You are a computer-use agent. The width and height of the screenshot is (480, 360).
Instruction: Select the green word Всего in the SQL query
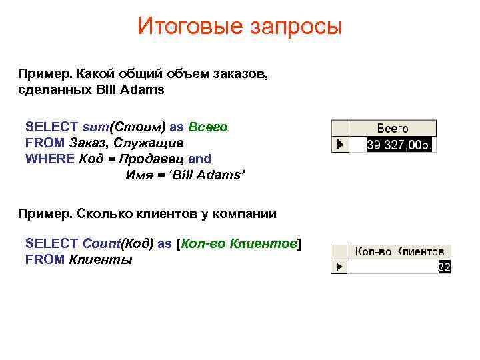tap(208, 127)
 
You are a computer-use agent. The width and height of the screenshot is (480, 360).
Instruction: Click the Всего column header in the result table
tap(393, 128)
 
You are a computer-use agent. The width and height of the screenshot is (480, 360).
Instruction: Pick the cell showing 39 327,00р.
tap(399, 144)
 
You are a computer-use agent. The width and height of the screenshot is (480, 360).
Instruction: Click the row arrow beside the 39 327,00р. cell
tap(340, 144)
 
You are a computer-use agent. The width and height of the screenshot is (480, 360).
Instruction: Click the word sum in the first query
tap(95, 127)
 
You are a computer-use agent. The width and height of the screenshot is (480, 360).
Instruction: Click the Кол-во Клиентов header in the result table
tap(399, 251)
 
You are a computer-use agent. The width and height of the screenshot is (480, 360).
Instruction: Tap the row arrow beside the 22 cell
tap(340, 267)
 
